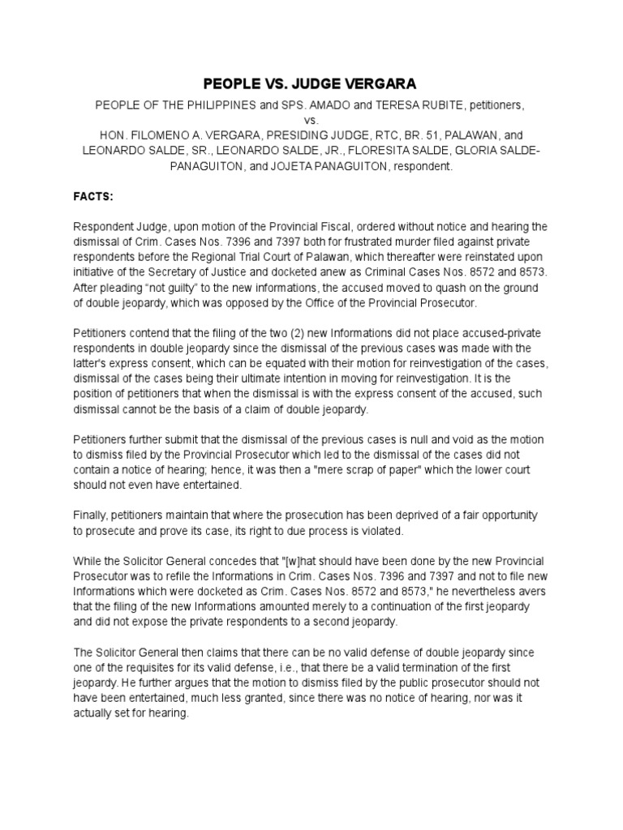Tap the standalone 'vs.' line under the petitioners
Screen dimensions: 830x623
coord(311,120)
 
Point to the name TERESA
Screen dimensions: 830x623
coord(393,105)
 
